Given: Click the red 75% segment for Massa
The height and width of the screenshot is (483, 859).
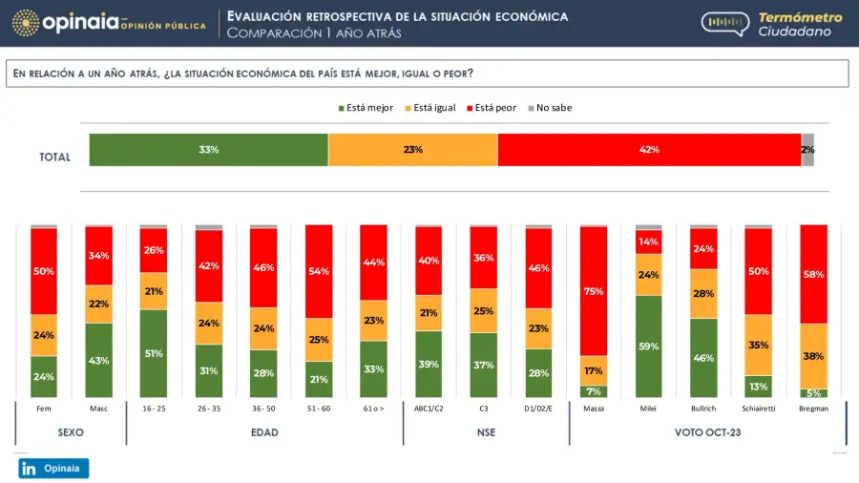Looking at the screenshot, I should tap(594, 291).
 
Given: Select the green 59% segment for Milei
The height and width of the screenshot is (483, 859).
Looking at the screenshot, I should tap(649, 346).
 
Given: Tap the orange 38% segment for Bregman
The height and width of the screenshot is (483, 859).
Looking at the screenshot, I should tap(813, 356).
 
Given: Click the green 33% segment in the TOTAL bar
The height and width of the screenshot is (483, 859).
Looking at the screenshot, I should tap(209, 150).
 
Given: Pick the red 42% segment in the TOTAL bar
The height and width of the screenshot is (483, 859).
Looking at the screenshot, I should tap(649, 150).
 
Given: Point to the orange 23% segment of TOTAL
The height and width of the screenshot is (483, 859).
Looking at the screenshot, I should tap(412, 150).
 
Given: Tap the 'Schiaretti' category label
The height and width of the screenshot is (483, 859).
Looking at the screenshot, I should tap(758, 408).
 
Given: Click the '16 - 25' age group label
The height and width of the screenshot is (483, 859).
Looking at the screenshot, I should tap(154, 408).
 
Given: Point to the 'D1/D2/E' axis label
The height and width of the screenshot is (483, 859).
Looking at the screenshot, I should tap(538, 408).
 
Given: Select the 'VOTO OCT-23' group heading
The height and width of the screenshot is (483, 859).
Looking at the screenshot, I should tap(707, 432).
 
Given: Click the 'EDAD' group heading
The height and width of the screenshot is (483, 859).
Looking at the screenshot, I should tap(264, 432).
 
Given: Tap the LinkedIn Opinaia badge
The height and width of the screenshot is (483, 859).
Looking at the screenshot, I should tap(53, 468).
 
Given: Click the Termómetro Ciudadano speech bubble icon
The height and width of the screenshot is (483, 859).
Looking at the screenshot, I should tap(724, 25).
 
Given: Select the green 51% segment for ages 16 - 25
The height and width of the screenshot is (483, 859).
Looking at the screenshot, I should tap(154, 353).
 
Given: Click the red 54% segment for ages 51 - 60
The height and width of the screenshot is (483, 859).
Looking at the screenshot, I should tap(319, 272).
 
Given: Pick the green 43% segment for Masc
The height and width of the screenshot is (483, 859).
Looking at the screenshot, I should tap(99, 360).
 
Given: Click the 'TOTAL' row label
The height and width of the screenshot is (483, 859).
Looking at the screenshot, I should tap(54, 157).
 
